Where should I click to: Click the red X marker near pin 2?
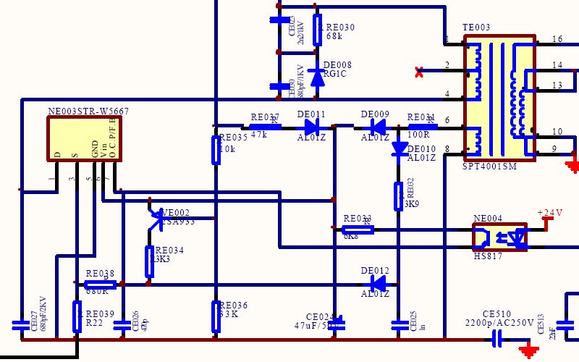419,72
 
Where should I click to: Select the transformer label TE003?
476,28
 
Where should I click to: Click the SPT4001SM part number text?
490,166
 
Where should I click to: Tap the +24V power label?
550,213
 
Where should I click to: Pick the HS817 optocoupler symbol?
499,237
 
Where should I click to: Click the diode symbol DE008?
317,76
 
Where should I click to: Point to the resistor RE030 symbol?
317,30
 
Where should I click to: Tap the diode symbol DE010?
399,148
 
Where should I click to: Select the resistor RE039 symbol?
77,316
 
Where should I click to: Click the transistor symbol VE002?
156,219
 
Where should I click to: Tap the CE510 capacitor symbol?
497,338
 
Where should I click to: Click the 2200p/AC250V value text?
499,323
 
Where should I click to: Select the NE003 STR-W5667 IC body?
85,137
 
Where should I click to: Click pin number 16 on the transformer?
557,39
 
